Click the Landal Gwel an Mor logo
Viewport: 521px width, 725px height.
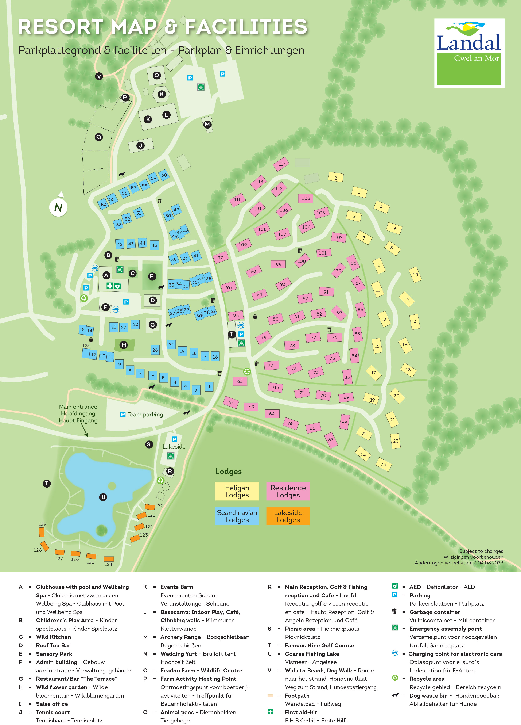click(x=469, y=53)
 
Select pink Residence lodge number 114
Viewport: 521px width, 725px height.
click(x=281, y=164)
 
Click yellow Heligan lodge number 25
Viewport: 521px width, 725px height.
click(x=383, y=464)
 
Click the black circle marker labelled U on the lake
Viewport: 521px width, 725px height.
click(x=103, y=497)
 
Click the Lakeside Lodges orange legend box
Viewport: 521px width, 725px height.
click(x=288, y=516)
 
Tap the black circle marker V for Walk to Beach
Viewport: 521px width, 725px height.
click(x=99, y=76)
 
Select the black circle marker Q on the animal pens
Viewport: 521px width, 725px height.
click(x=99, y=137)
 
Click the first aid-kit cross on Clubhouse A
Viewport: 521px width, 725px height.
click(x=109, y=286)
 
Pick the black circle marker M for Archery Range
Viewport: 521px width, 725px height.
click(x=207, y=124)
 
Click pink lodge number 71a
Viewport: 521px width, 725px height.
click(x=275, y=388)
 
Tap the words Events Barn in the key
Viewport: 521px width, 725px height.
click(x=177, y=587)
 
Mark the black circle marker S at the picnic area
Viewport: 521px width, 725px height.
click(x=149, y=444)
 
